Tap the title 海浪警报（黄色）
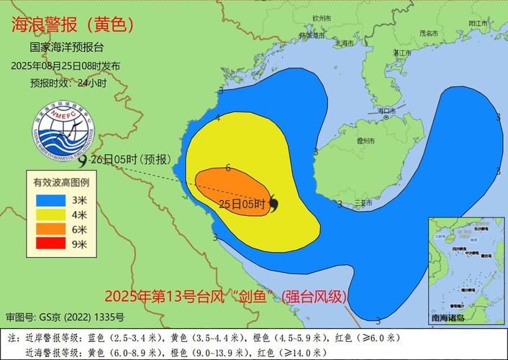pos(73,25)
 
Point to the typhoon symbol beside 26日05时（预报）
pos(83,161)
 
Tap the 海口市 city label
pos(386,111)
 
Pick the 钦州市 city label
pos(321,17)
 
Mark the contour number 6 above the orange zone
pos(227,168)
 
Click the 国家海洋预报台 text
pos(67,48)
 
